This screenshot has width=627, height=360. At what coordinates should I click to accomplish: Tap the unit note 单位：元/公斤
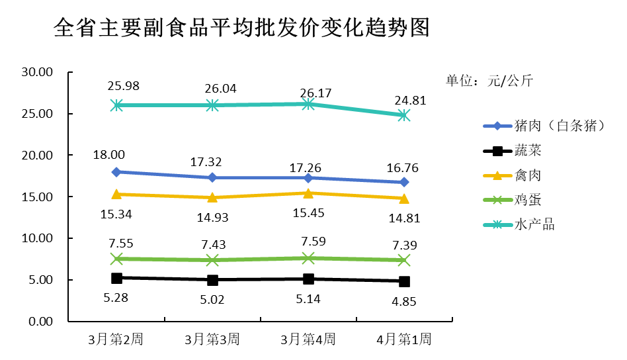click(x=489, y=81)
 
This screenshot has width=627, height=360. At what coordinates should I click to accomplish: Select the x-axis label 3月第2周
click(x=116, y=340)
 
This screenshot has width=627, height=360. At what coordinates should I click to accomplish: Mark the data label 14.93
click(x=212, y=218)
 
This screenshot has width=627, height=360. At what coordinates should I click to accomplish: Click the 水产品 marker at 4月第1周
click(x=404, y=115)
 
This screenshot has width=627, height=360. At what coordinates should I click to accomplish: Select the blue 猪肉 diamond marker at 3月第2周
click(x=116, y=172)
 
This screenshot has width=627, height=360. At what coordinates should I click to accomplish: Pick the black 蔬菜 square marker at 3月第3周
click(x=212, y=280)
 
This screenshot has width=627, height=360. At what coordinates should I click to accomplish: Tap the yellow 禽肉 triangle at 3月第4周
click(x=308, y=193)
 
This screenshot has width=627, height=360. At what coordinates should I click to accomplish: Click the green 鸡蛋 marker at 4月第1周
click(x=404, y=260)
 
